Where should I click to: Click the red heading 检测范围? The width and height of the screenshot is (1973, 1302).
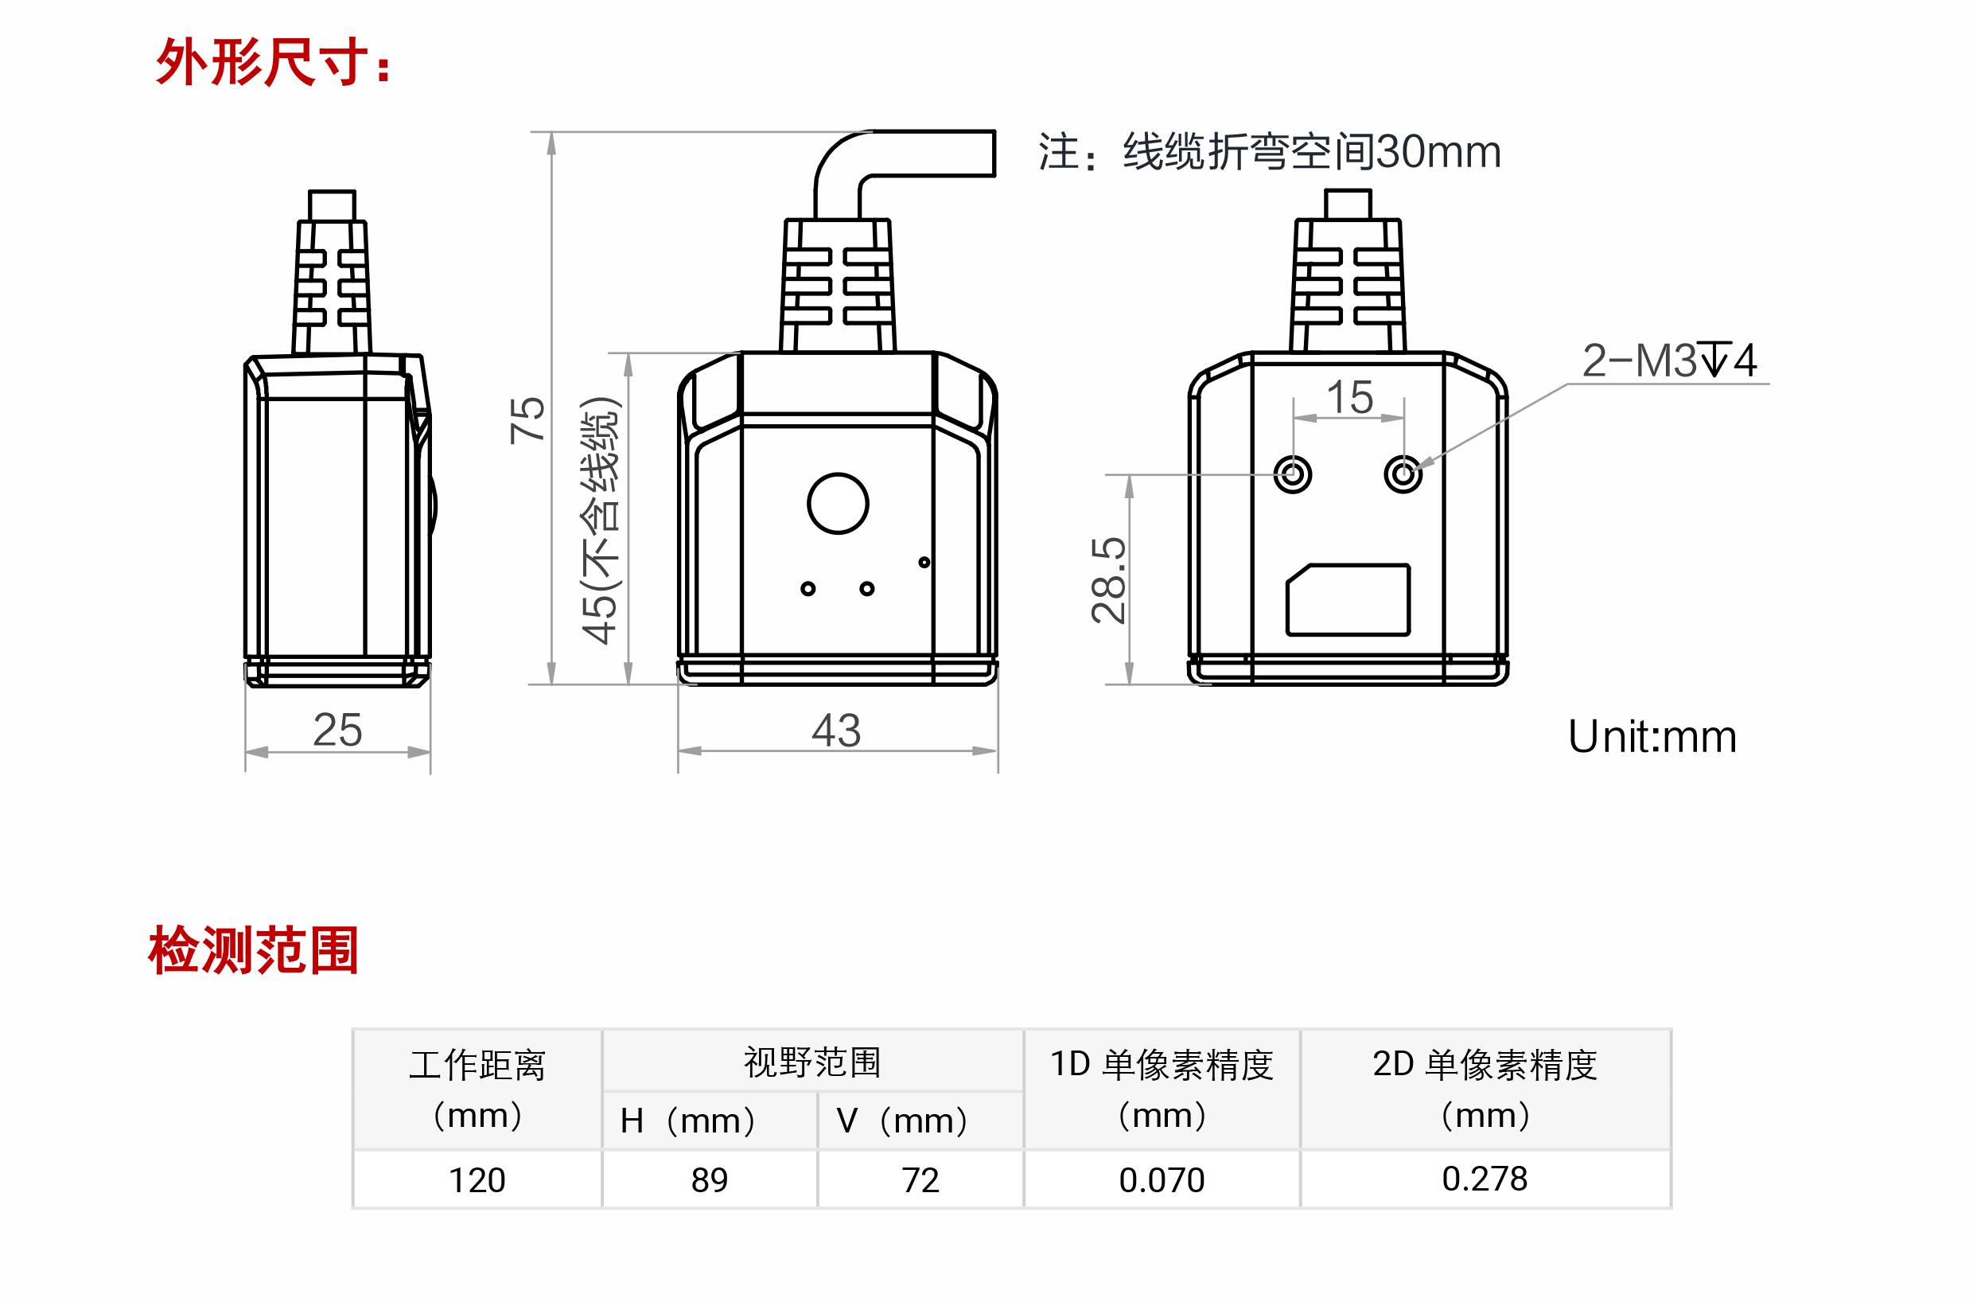[253, 950]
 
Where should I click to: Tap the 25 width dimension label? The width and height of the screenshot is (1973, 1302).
[337, 731]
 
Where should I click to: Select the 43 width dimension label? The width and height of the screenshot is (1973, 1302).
[836, 731]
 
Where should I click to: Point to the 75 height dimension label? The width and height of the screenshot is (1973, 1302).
[528, 419]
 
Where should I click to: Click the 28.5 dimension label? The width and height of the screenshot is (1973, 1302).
[1109, 579]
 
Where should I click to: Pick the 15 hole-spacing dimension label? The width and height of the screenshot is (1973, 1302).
[1349, 397]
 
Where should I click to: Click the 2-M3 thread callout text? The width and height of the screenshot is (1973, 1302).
[1668, 361]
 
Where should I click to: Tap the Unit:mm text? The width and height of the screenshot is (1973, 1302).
[1652, 736]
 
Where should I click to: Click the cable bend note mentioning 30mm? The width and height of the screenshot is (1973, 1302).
[1270, 152]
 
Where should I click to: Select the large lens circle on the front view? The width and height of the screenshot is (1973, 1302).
[838, 503]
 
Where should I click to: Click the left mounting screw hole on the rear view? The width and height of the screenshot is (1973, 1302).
[1292, 475]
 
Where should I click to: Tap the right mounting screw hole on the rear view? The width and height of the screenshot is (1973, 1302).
[1403, 475]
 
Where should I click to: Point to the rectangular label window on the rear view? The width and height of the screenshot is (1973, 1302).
[1348, 599]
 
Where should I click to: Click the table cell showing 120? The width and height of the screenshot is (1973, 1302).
[477, 1180]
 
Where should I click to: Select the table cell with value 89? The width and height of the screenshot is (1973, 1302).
[710, 1180]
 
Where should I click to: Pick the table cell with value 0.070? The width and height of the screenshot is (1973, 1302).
[1162, 1180]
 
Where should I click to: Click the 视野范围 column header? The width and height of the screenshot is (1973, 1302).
[811, 1062]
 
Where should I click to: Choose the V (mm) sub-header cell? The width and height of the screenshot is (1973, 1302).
[920, 1121]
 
